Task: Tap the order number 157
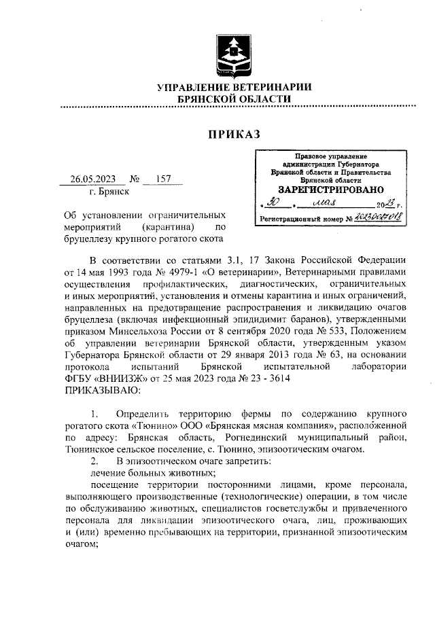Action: pos(163,180)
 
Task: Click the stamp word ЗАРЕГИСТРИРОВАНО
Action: pos(331,190)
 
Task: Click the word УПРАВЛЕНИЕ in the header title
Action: pos(199,88)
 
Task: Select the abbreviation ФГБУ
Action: pos(79,378)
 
